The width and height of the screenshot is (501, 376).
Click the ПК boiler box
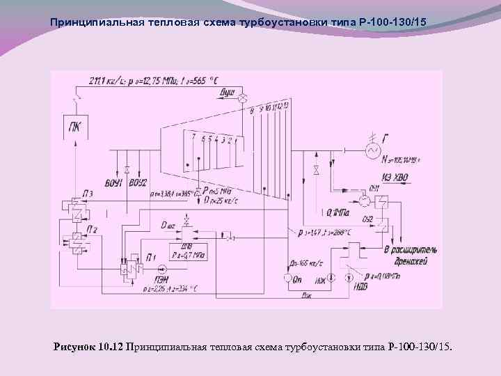74,127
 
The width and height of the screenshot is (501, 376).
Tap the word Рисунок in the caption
74,347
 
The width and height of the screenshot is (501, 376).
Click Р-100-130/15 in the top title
389,22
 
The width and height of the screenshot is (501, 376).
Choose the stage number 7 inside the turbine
193,139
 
